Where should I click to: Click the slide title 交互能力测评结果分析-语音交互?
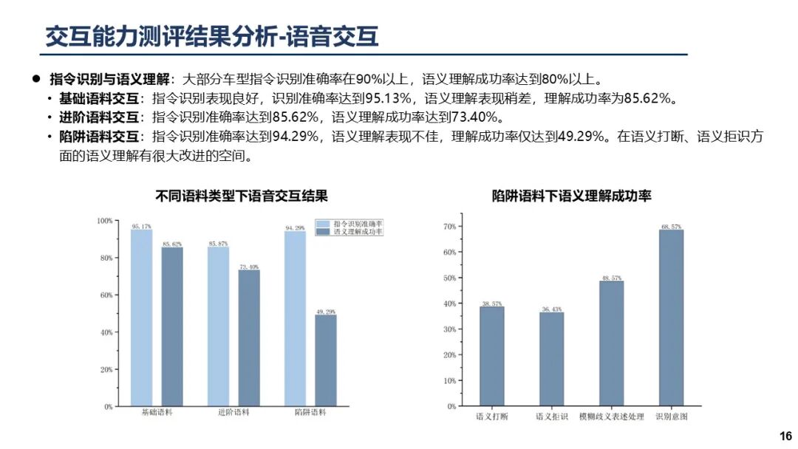coord(212,36)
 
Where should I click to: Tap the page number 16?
coord(785,436)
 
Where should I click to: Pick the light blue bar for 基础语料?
coord(142,318)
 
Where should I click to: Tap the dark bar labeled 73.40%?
coord(249,337)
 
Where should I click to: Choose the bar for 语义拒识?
coord(551,359)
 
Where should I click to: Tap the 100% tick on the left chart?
coord(105,221)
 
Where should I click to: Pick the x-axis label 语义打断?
coord(492,417)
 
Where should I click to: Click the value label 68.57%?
coord(672,224)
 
